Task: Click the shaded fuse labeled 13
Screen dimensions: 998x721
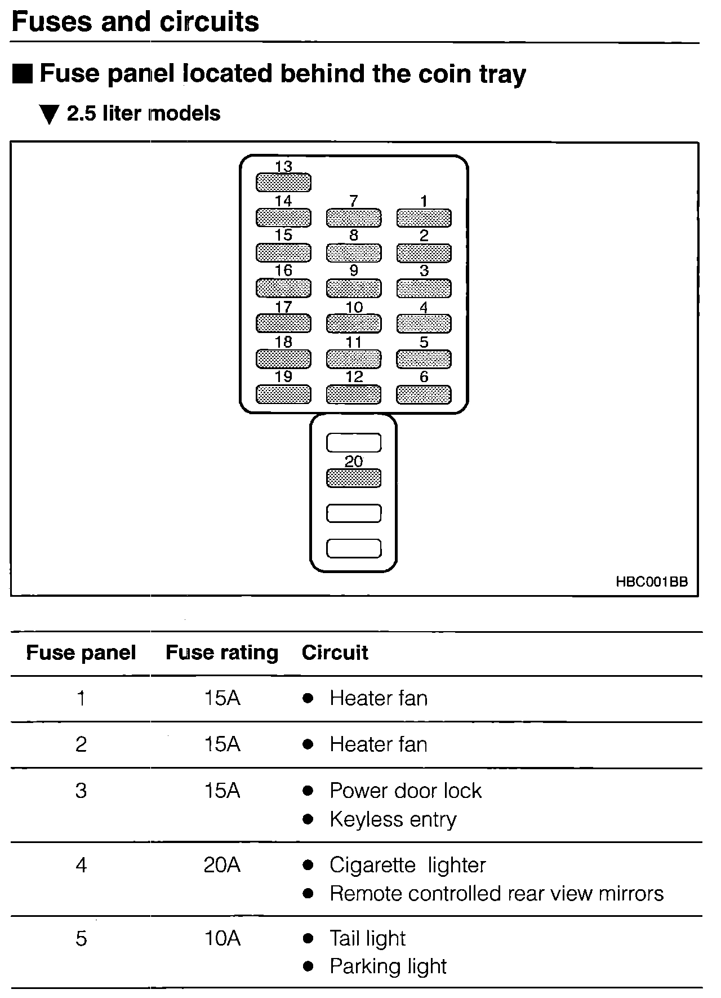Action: point(283,182)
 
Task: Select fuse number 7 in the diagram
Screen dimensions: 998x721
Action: point(354,218)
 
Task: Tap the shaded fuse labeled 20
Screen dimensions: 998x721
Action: point(354,478)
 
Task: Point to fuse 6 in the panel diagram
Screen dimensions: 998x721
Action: point(424,394)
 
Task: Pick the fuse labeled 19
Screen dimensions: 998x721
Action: point(283,394)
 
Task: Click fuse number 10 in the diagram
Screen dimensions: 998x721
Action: point(354,323)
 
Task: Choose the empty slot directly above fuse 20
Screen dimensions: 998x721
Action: point(354,443)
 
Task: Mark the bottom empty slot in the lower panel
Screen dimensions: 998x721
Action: point(354,548)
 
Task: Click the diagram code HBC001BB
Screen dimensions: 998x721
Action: point(652,582)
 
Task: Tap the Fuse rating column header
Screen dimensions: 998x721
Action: point(222,653)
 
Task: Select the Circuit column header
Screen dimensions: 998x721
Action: point(335,653)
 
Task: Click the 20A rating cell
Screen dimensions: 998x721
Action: point(222,865)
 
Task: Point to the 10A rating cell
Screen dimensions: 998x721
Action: point(222,938)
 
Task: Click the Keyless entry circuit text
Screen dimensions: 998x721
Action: point(393,819)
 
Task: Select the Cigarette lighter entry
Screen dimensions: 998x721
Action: point(407,865)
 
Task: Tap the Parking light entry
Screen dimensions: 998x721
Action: point(388,966)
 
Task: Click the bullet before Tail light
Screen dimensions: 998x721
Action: point(308,938)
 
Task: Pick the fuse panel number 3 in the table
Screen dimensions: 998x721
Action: point(81,791)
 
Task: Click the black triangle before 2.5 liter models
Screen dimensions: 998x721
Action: point(50,114)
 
